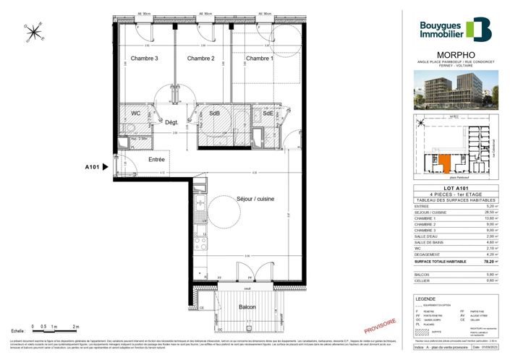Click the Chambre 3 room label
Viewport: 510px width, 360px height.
click(144, 59)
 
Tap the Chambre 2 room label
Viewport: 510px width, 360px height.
click(201, 59)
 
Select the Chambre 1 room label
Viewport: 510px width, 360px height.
click(259, 59)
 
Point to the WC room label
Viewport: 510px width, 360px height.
click(135, 113)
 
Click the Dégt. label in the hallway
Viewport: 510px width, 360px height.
click(172, 123)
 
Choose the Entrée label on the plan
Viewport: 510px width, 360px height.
click(157, 159)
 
